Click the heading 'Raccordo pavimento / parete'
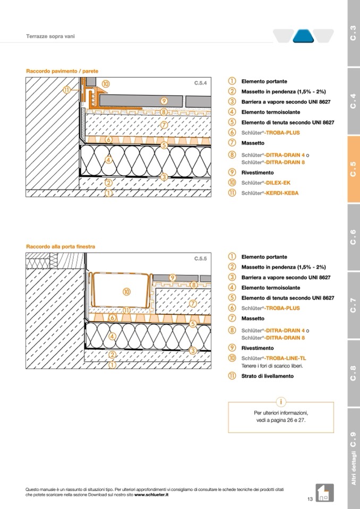pos(62,71)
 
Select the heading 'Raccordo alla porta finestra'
pos(61,247)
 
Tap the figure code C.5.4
pos(201,83)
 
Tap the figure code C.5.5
pos(201,258)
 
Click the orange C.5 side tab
pos(354,169)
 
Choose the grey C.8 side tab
pos(354,373)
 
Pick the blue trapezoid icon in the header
pos(304,36)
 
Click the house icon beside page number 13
pos(324,493)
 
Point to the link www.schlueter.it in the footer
pos(151,495)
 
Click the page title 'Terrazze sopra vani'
pos(50,36)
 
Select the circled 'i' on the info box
pos(281,402)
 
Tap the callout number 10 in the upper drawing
pos(106,84)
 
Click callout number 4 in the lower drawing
pos(113,337)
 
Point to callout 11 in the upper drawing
pos(66,90)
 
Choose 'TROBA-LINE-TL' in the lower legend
pos(286,358)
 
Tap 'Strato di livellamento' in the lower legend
pos(268,376)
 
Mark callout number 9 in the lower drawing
pos(173,278)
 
